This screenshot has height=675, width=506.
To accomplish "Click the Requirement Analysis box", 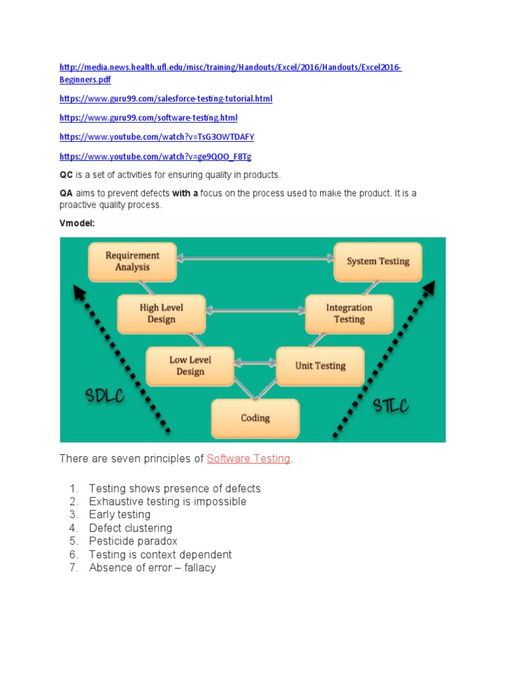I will click(132, 261).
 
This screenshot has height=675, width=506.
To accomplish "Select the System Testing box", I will click(378, 261).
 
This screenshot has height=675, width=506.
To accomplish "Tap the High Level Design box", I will click(161, 313).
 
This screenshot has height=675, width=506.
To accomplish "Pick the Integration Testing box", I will click(349, 313).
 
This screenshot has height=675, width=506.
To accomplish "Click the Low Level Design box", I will click(190, 366).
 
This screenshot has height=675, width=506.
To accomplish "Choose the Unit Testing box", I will click(320, 366).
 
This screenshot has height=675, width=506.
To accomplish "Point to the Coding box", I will click(255, 418).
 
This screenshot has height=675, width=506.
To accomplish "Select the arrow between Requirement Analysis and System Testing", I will click(255, 259).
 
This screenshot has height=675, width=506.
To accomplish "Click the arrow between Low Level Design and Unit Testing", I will click(255, 363).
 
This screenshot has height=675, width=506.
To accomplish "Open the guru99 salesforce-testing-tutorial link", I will click(165, 99).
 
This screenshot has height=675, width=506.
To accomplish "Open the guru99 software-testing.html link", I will click(148, 118).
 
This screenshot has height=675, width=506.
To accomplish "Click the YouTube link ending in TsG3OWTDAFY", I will click(156, 137).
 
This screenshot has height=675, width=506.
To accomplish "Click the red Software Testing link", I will click(248, 459).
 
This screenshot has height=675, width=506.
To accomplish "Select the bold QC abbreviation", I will click(66, 175).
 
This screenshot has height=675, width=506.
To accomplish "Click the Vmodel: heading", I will click(77, 223).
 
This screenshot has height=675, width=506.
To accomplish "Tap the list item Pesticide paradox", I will click(133, 541).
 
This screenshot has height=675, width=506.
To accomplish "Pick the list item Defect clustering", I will click(130, 528).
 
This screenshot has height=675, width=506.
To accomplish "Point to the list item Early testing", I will click(119, 514).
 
